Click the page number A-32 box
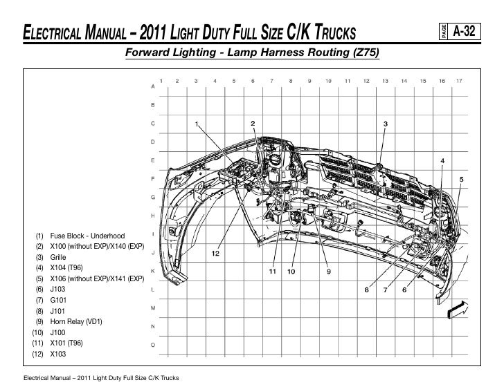click(460, 31)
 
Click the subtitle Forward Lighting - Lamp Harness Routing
click(252, 52)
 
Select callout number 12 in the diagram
click(215, 254)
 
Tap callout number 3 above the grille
click(386, 124)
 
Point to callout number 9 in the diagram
click(328, 272)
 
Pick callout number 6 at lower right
click(404, 290)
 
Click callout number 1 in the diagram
click(197, 124)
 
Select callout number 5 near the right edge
click(461, 180)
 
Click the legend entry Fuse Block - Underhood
click(80, 236)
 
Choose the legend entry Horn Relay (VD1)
click(69, 322)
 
